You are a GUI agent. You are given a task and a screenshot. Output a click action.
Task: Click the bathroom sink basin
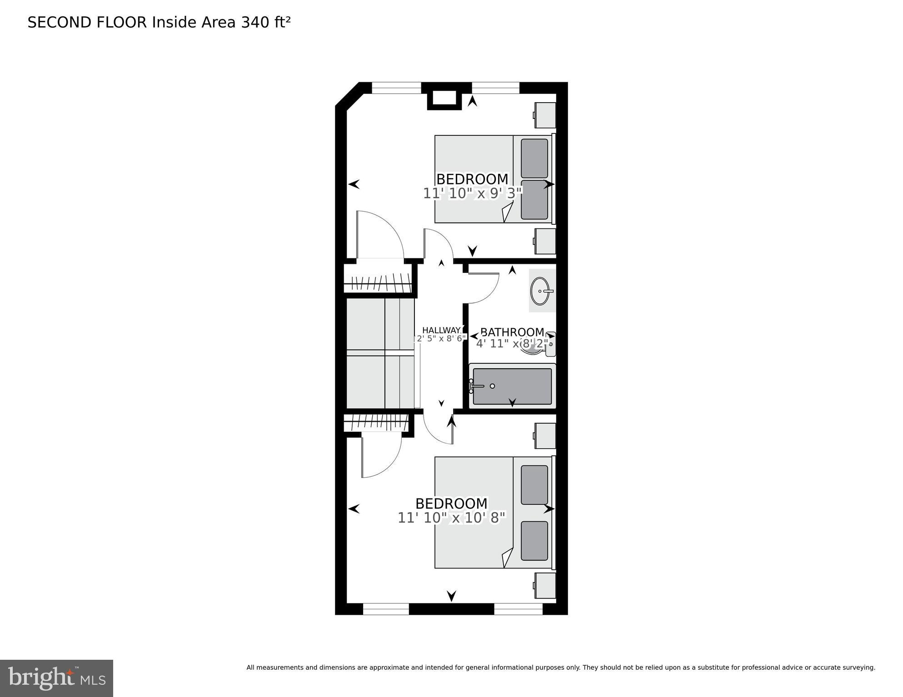click(541, 291)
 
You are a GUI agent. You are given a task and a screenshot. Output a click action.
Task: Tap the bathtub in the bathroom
click(512, 386)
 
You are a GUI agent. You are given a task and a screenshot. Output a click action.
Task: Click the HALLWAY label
click(441, 330)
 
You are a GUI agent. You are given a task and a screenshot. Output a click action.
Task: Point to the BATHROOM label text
click(512, 332)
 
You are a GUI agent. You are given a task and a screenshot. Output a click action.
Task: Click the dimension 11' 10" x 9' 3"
click(473, 194)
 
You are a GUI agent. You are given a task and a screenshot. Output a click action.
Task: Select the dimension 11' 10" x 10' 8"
click(452, 518)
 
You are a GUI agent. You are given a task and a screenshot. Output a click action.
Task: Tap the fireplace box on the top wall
click(444, 99)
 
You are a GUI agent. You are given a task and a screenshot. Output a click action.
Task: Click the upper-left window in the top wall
click(396, 88)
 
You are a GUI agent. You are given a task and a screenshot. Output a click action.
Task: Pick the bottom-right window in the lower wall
click(518, 609)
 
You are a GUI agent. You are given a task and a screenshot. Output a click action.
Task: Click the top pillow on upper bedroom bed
click(534, 158)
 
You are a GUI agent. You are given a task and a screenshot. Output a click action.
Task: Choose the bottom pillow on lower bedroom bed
click(534, 541)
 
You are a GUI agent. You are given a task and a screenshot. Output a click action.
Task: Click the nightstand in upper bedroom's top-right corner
click(545, 115)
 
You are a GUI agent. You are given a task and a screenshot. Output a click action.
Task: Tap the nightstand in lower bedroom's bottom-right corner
click(545, 586)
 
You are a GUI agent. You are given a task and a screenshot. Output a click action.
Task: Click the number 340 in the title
click(255, 22)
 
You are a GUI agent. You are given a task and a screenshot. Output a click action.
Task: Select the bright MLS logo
click(56, 678)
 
